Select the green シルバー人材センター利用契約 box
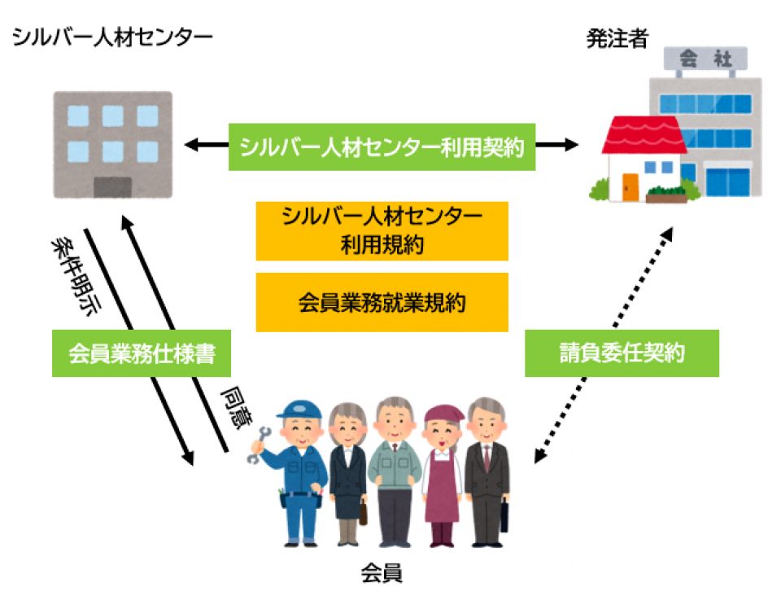(382, 147)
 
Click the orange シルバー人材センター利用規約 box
(382, 231)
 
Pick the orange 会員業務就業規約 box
(382, 303)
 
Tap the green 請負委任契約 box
(622, 353)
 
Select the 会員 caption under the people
(382, 573)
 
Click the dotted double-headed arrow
(602, 346)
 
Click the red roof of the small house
(644, 135)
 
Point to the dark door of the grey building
(112, 186)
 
